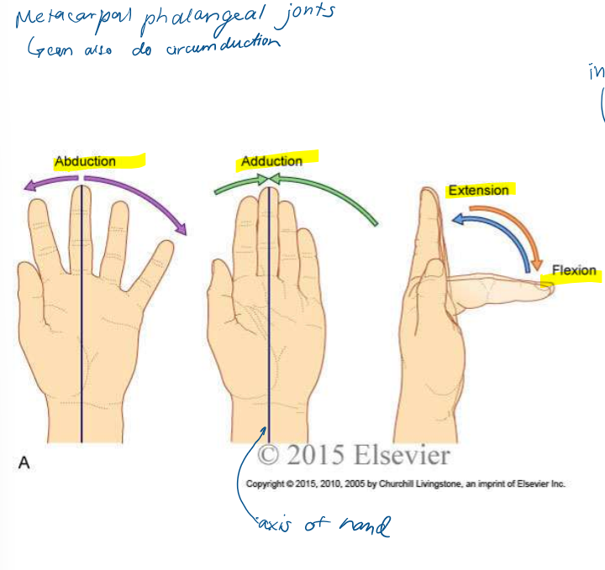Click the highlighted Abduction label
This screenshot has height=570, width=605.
click(x=85, y=161)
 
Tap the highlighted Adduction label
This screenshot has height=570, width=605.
click(x=271, y=161)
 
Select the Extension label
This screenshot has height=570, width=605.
click(x=478, y=191)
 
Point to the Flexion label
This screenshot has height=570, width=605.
click(x=574, y=271)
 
